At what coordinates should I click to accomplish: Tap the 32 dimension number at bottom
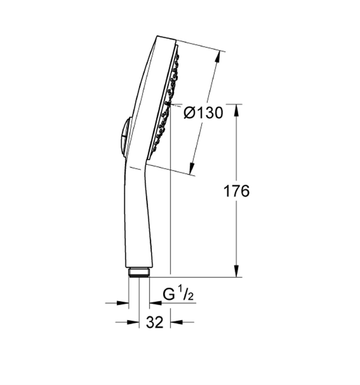(x=155, y=323)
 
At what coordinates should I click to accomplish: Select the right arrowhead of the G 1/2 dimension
(x=155, y=303)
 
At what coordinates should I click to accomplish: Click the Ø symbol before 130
(x=189, y=113)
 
